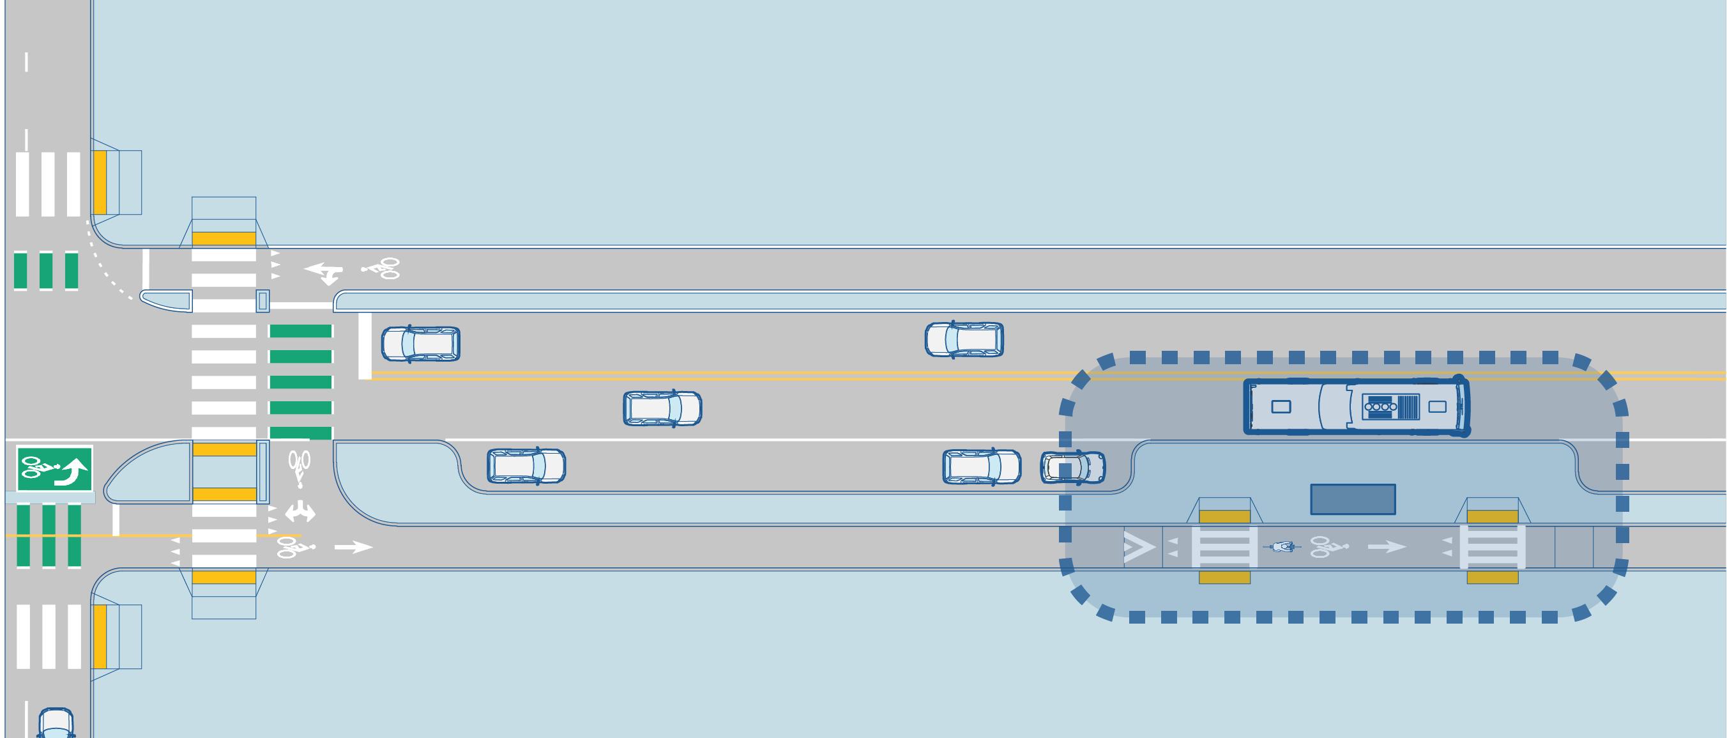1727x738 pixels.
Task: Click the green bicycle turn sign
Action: coord(54,468)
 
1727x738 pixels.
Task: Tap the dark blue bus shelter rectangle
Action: coord(1353,499)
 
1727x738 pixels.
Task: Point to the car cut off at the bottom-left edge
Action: coord(55,724)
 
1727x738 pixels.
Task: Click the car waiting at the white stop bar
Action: coord(420,344)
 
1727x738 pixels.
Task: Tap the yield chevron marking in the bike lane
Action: coord(1139,548)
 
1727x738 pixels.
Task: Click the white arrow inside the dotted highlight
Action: coord(1387,548)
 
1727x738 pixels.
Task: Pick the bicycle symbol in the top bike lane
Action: coord(381,268)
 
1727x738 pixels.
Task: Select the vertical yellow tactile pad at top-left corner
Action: coord(100,182)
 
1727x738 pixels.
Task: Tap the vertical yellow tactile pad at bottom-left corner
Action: coord(100,636)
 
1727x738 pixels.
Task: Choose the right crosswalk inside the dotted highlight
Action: coord(1493,547)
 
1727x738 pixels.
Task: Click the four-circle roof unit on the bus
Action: coord(1380,406)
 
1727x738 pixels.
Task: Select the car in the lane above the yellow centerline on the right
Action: coord(964,339)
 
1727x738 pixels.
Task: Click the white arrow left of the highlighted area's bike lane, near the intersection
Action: coord(353,548)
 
